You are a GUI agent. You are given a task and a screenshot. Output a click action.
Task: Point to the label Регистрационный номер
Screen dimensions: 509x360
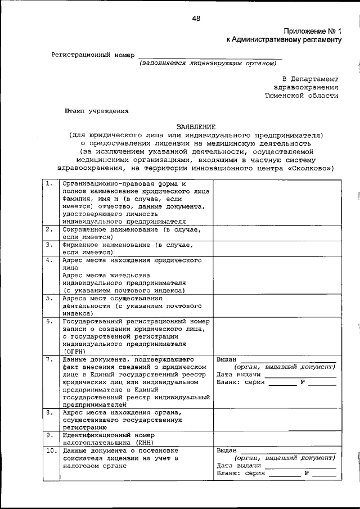(x=93, y=55)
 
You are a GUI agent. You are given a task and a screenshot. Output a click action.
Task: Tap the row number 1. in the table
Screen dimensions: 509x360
(x=50, y=184)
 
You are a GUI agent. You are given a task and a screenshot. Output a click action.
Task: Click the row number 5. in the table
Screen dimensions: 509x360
(x=50, y=298)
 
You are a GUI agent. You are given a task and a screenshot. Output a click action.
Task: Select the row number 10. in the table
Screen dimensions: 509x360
(x=51, y=451)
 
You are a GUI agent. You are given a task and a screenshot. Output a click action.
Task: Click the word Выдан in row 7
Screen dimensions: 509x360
(x=227, y=358)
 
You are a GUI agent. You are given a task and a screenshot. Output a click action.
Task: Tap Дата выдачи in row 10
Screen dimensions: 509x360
(x=239, y=466)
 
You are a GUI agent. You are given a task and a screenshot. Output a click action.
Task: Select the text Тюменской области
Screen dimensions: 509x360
(x=302, y=96)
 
